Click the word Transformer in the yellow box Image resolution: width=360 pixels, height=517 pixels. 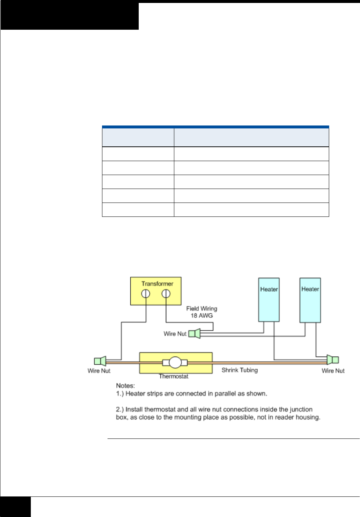[x=157, y=284]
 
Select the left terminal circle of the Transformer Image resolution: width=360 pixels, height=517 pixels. [x=146, y=294]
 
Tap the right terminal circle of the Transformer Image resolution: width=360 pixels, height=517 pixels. [x=166, y=294]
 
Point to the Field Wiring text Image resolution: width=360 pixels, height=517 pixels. [x=201, y=309]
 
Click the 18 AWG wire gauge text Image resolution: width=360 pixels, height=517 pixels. [x=201, y=316]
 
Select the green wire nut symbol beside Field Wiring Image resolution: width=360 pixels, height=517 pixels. [x=194, y=334]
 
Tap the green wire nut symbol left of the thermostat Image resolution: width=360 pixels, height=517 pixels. [x=100, y=361]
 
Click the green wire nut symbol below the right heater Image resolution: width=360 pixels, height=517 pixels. [x=333, y=360]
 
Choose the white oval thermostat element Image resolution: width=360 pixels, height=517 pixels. [x=175, y=363]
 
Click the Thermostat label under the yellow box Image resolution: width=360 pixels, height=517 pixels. [x=174, y=376]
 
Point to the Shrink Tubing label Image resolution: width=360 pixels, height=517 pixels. [x=240, y=370]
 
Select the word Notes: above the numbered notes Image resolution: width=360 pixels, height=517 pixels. [x=126, y=386]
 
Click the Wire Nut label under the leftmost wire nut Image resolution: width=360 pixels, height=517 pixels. [x=99, y=371]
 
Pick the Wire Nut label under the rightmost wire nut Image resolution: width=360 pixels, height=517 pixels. [x=333, y=371]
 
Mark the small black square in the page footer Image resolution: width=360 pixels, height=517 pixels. [x=15, y=507]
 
